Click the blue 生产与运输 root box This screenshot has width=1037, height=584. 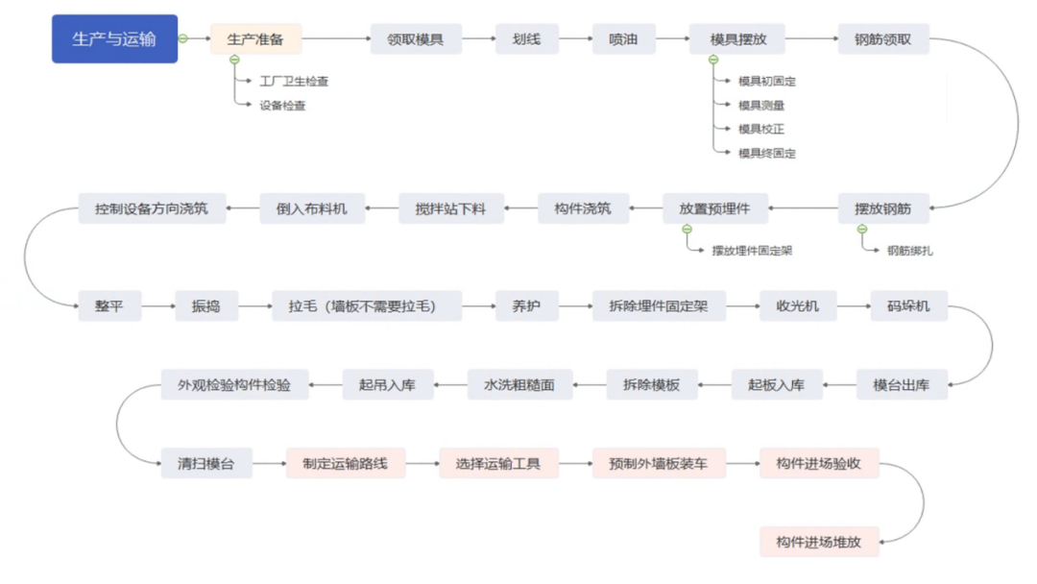pos(114,39)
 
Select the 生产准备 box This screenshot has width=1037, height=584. pos(255,39)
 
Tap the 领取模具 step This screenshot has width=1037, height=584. pos(415,39)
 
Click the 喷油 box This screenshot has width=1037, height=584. pos(623,39)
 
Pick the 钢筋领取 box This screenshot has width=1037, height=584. pos(882,39)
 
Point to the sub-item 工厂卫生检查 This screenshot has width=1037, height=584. pos(294,82)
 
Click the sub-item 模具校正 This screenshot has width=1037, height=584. pos(761,129)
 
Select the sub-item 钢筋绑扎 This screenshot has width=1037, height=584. pos(909,251)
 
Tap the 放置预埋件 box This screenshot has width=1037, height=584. pos(714,208)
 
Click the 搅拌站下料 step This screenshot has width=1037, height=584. pos(450,208)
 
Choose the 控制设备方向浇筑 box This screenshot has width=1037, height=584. pos(152,207)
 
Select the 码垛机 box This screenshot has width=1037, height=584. pos(908,306)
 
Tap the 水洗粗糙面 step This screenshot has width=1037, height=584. pos(519,385)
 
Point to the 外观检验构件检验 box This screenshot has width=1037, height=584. pos(234,385)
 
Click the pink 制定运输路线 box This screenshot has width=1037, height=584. pos(346,463)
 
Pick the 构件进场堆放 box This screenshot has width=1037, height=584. pos(819,542)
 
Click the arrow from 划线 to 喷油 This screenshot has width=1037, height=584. pos(574,39)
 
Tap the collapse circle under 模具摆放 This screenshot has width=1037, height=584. pos(713,61)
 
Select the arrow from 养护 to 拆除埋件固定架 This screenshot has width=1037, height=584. pos(574,306)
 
